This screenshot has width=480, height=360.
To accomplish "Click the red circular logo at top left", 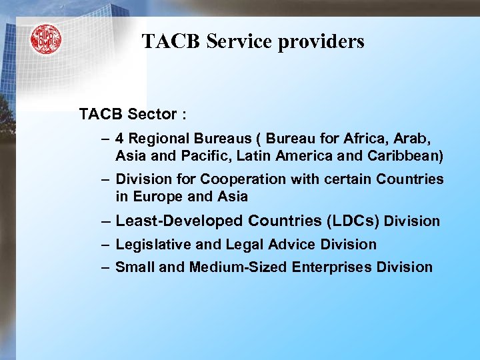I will point(45,40).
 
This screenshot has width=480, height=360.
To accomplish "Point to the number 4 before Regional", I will point(119,139).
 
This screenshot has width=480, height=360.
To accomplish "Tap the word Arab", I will point(414,139).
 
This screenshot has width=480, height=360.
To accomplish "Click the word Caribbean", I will point(407,157).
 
